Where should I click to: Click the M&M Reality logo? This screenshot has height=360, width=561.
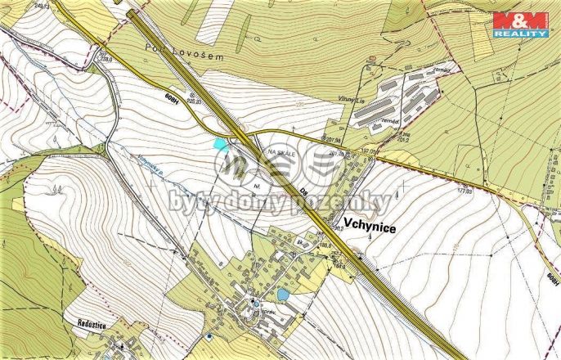pyautogui.click(x=519, y=25)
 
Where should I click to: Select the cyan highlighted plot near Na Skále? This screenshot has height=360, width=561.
pyautogui.click(x=218, y=143)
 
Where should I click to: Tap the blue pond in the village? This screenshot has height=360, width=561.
pyautogui.click(x=282, y=294)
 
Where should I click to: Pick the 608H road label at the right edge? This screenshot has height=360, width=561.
pyautogui.click(x=553, y=279)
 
